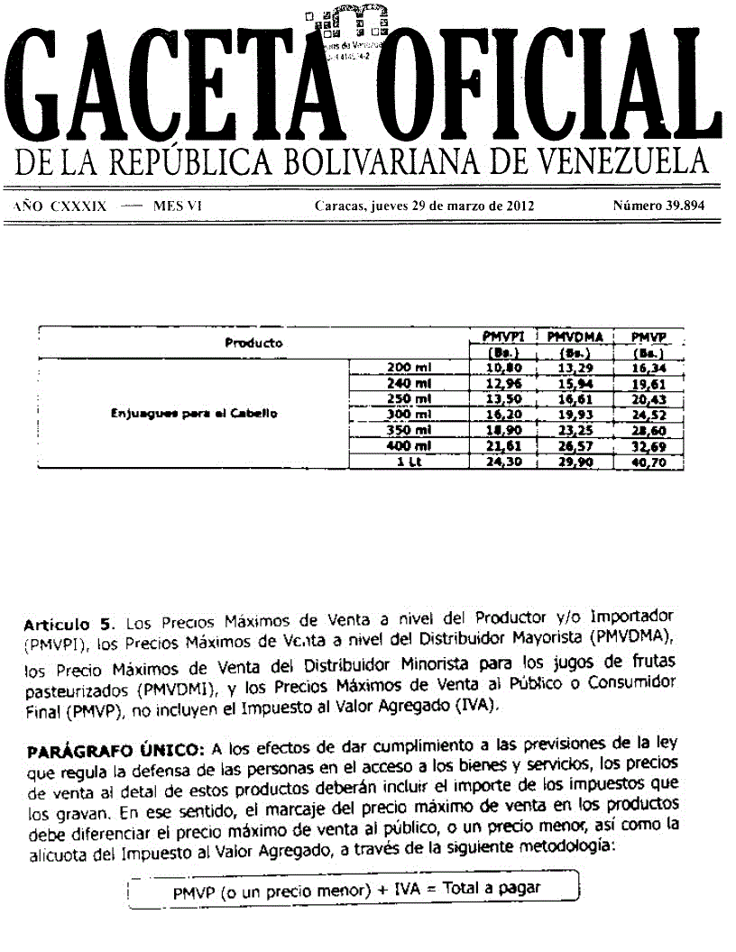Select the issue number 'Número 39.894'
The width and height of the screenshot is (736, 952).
658,206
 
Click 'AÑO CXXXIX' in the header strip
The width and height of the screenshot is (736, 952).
60,206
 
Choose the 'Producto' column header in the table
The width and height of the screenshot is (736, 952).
253,343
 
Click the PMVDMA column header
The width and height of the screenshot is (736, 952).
575,336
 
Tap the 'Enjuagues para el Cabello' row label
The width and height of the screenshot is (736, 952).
193,414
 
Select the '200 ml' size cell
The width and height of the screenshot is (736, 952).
410,368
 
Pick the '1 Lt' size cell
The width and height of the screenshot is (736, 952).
410,462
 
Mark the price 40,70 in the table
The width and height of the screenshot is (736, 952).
647,462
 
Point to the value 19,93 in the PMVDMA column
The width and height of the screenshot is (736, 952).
575,414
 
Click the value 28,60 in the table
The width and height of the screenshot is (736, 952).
647,430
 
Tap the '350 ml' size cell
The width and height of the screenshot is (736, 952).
410,430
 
